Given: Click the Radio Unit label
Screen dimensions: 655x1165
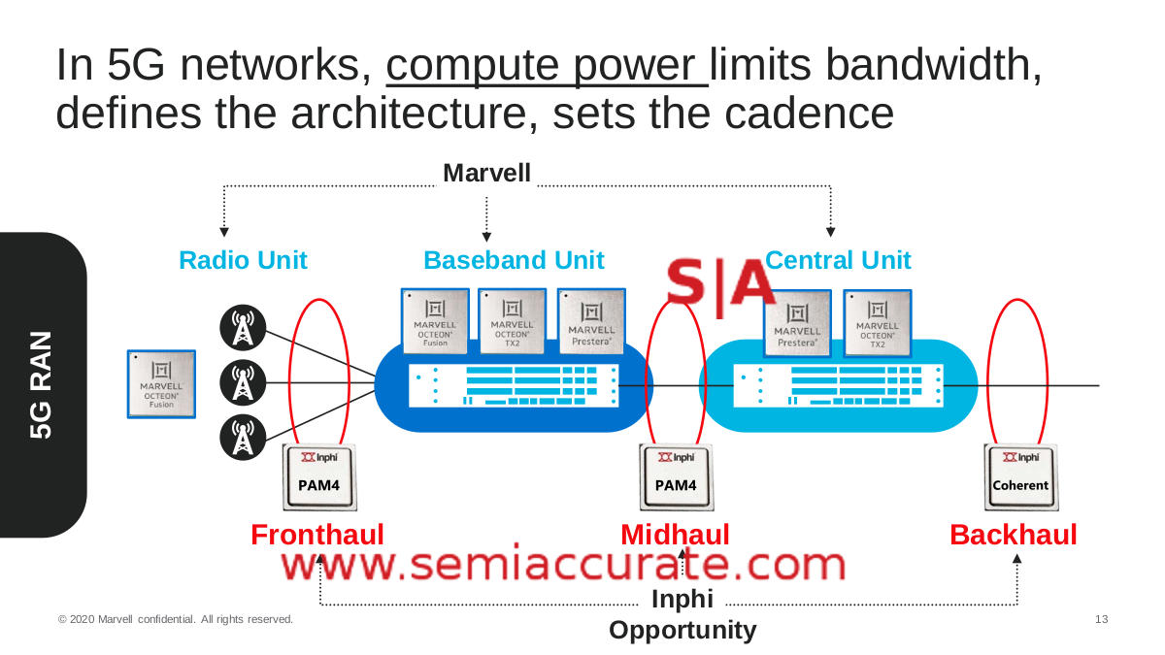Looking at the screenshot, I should [x=243, y=260].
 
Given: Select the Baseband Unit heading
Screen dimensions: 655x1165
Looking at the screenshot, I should [x=514, y=260].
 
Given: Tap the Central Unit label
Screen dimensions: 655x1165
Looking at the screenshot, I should [x=838, y=260].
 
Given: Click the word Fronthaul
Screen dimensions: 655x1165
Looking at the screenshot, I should [x=317, y=535].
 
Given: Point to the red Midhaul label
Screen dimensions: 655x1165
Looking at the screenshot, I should [x=675, y=535].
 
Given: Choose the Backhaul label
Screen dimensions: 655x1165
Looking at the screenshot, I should [x=1014, y=535].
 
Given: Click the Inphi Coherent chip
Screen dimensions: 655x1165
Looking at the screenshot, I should [x=1020, y=476].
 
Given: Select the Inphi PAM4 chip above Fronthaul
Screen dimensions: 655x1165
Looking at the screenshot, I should [x=318, y=476].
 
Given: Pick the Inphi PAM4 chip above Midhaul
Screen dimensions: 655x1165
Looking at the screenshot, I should [x=676, y=476].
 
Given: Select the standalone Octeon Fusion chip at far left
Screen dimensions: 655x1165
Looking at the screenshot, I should [x=161, y=384].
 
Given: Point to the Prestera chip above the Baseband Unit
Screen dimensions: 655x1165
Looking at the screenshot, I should [x=591, y=322].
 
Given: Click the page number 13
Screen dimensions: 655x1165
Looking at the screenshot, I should [x=1101, y=619].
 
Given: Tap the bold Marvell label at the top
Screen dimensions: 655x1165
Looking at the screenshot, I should [x=486, y=174].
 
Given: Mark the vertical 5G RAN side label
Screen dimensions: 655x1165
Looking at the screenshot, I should [x=41, y=385].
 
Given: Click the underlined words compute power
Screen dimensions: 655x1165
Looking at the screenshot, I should [x=547, y=66].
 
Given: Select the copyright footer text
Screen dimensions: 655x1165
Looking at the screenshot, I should [x=175, y=619].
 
